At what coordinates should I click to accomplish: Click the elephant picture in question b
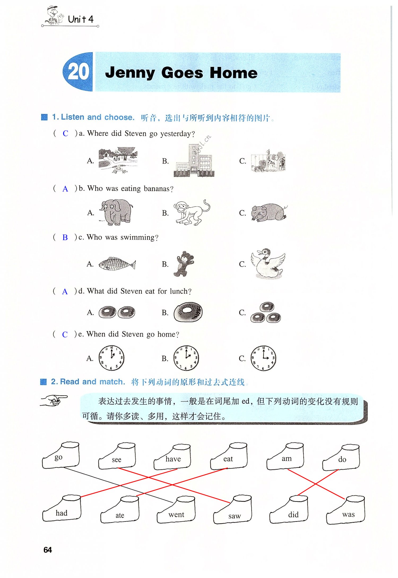point(116,212)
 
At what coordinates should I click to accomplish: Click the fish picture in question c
point(117,264)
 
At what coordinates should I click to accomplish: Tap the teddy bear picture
point(184,264)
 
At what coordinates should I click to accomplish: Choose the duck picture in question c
point(268,263)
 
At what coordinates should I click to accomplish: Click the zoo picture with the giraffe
point(268,161)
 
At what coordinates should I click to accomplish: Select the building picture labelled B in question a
point(194,160)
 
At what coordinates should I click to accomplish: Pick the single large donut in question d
point(188,312)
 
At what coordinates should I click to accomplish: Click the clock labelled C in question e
point(263,358)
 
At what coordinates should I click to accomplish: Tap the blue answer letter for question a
point(65,133)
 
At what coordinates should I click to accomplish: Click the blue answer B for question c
point(65,237)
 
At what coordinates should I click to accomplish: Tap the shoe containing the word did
point(289,509)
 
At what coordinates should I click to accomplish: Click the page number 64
point(48,550)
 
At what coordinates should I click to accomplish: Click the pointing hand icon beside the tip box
point(54,400)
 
